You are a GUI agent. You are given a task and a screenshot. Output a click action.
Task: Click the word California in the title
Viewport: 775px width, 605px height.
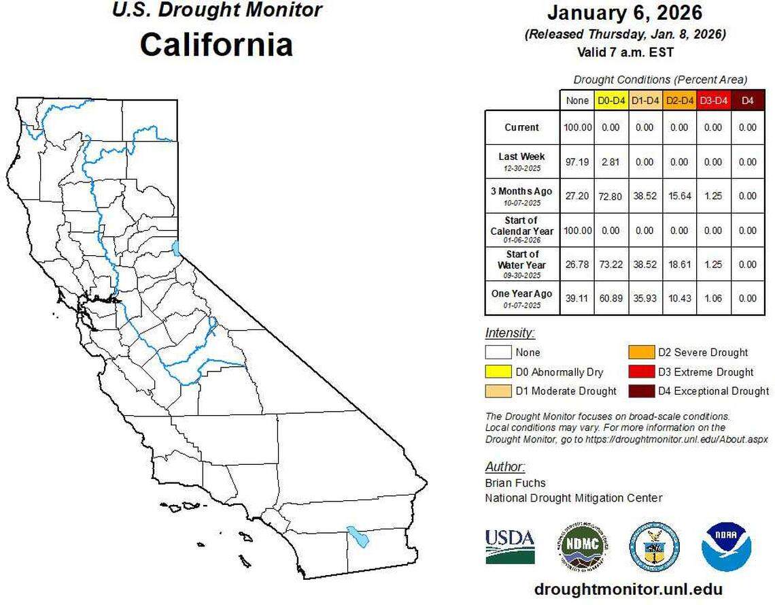(216, 44)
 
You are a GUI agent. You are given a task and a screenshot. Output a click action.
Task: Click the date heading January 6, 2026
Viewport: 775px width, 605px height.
(625, 12)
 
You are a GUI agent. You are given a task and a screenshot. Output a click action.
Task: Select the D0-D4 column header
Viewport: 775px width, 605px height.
(611, 101)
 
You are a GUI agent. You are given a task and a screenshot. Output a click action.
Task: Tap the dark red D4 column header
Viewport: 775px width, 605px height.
(747, 101)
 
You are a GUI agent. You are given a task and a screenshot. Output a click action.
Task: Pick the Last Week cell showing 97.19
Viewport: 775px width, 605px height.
(577, 162)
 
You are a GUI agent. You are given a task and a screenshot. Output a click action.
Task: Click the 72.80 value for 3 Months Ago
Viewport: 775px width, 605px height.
(611, 196)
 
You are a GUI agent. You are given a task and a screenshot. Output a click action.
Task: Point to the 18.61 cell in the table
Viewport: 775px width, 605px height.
(679, 264)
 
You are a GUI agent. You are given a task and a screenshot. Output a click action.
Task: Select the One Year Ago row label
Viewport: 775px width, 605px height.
(521, 298)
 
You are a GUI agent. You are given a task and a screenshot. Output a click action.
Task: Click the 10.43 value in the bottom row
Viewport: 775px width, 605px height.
(679, 298)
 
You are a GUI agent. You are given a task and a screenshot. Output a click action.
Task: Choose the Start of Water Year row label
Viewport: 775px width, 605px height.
(521, 264)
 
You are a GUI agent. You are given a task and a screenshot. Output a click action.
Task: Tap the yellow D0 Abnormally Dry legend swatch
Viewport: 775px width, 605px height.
(498, 372)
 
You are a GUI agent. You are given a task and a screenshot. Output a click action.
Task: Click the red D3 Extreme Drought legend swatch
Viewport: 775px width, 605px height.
(641, 372)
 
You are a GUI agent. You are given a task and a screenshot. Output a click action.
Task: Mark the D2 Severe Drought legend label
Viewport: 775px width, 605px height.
(702, 353)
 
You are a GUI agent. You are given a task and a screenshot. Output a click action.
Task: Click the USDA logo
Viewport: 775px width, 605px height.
(510, 546)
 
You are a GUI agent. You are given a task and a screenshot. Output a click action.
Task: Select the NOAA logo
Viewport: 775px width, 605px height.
(726, 546)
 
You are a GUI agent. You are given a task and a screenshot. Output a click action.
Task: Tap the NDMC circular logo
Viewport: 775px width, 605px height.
(582, 546)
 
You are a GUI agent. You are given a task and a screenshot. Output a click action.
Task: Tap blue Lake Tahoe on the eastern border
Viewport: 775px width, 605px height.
(177, 248)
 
